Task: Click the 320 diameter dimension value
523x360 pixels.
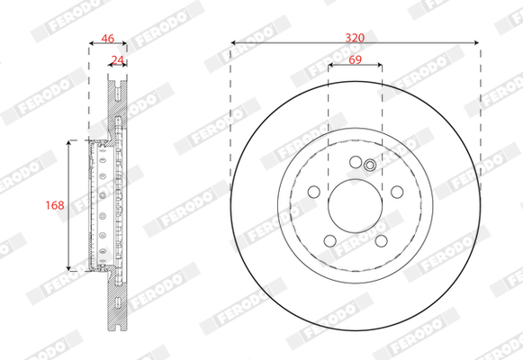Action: (355, 38)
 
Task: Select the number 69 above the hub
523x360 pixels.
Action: (356, 59)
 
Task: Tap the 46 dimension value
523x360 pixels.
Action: (108, 39)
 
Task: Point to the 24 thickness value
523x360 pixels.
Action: (117, 60)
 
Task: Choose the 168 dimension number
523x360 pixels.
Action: (55, 205)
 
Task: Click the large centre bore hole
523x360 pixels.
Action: (356, 206)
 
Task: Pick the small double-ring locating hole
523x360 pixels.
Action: (370, 165)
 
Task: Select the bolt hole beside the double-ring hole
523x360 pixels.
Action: (356, 162)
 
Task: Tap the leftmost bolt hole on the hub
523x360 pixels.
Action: (314, 192)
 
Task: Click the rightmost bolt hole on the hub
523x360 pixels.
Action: (397, 192)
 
